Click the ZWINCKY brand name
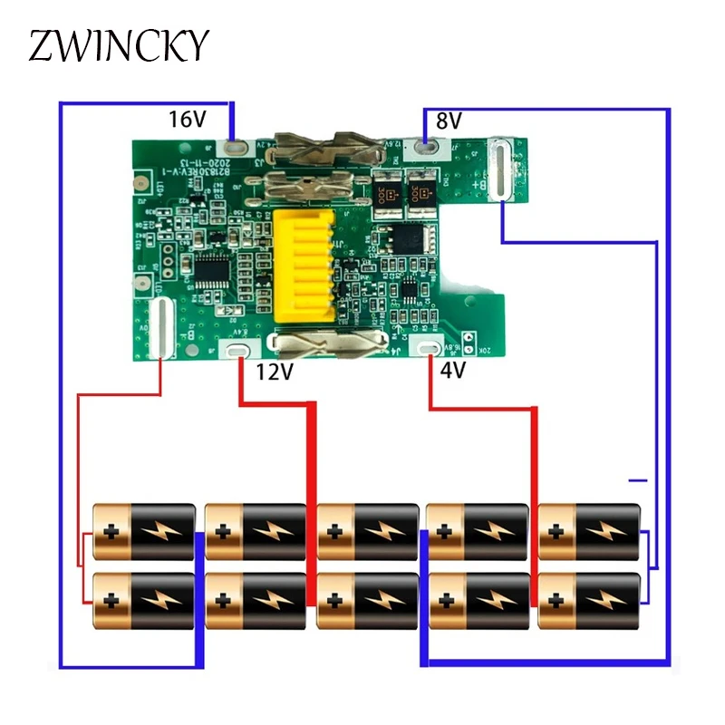point(119,44)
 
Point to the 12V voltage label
point(276,372)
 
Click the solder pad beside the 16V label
point(235,143)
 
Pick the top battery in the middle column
point(367,531)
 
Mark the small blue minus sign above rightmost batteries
point(640,479)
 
